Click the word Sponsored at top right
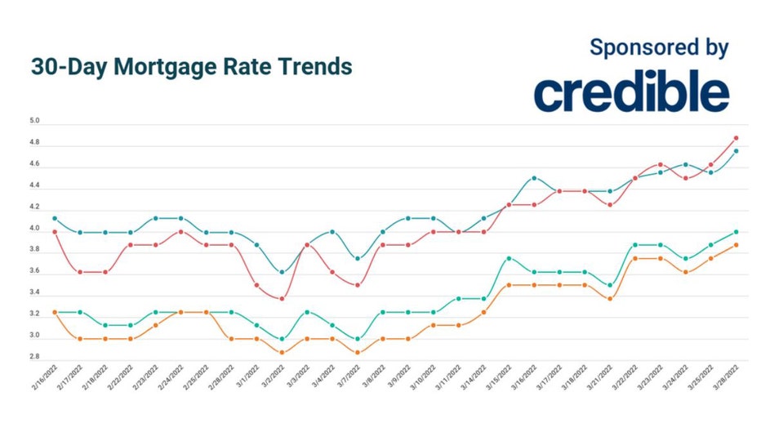tap(635, 47)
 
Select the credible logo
tap(631, 92)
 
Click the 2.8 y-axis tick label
tap(34, 357)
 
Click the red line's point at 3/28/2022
tap(736, 138)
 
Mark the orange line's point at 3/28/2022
tap(736, 245)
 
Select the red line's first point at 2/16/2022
tap(54, 232)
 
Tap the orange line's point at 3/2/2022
tap(282, 353)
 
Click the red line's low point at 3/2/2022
tap(282, 299)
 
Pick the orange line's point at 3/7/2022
tap(358, 353)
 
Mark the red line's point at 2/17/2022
tap(79, 272)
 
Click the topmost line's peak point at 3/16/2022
tap(534, 178)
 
